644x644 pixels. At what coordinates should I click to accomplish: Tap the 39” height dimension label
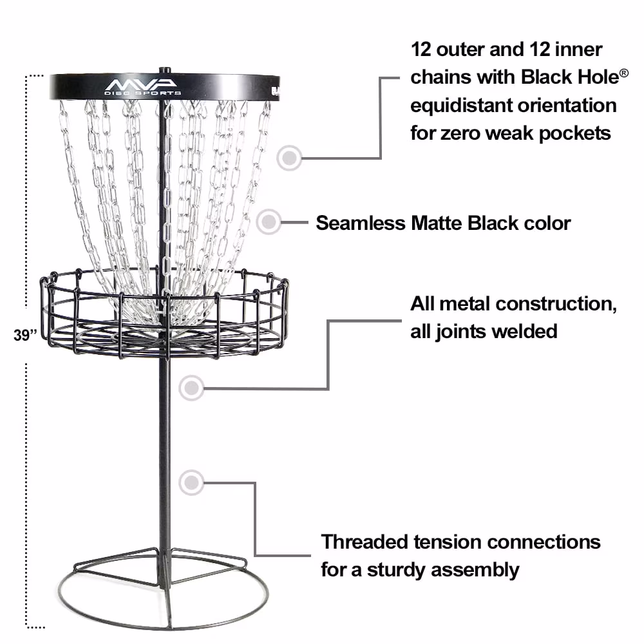pos(25,335)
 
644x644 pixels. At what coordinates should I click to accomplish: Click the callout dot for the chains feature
pos(289,158)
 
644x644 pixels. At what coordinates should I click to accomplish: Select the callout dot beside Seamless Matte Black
pos(269,222)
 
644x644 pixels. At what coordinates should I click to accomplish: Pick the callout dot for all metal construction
pos(191,388)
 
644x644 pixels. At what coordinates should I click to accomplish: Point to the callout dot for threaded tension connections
pos(191,482)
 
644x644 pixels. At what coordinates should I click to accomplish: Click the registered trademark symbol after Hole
pos(623,73)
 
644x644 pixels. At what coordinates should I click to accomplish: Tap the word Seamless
pos(360,223)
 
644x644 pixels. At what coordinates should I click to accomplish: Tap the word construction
pos(556,304)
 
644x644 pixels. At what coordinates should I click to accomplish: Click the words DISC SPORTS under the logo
pos(142,93)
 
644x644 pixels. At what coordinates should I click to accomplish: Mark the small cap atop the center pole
pos(165,71)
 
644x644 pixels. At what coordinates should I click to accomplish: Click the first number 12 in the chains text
pos(421,50)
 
